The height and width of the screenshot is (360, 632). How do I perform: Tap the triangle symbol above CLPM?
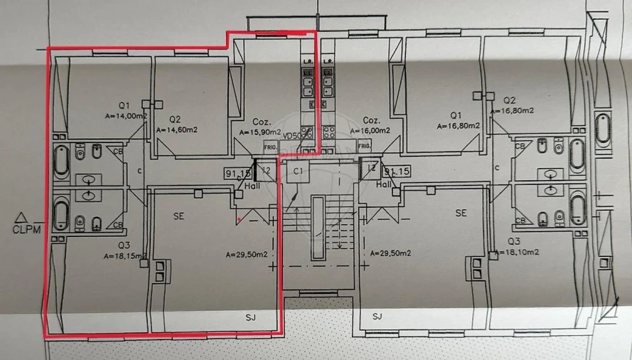22,217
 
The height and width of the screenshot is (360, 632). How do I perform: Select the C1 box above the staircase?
298,171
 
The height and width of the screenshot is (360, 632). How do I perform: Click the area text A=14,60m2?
177,130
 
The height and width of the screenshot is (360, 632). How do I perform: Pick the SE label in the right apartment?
461,213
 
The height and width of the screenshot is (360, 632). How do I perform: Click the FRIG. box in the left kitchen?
270,147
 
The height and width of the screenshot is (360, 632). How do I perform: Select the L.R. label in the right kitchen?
328,62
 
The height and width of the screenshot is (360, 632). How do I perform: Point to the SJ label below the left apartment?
250,317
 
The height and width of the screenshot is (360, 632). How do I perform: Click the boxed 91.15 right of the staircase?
396,171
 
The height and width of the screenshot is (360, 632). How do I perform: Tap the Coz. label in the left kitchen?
260,121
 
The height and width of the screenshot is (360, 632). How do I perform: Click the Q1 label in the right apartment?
456,115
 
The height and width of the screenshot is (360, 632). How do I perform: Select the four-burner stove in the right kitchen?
329,132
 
